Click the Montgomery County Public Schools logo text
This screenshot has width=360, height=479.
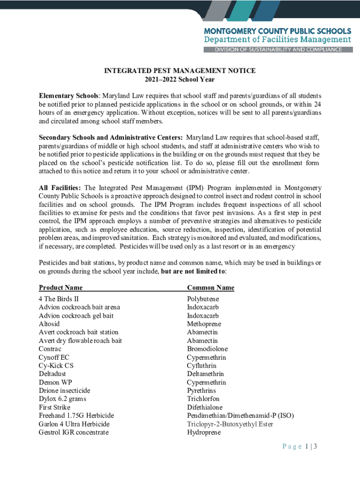[x=278, y=30]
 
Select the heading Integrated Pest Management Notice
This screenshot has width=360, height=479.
[x=180, y=71]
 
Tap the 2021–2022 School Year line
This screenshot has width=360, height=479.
[x=180, y=80]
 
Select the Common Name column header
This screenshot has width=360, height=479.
[x=210, y=288]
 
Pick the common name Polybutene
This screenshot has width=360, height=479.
[x=203, y=299]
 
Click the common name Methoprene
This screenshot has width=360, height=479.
[x=204, y=324]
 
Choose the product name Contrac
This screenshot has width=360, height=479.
[x=50, y=349]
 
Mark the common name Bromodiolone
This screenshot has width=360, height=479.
[x=207, y=349]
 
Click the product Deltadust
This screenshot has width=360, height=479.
[x=52, y=374]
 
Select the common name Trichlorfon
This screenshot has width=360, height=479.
[x=204, y=399]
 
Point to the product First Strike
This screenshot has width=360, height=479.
[x=54, y=407]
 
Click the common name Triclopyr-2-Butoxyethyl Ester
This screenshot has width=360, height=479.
[x=230, y=424]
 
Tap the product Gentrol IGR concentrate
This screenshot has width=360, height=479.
[x=73, y=432]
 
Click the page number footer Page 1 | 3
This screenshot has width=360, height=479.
[x=300, y=446]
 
